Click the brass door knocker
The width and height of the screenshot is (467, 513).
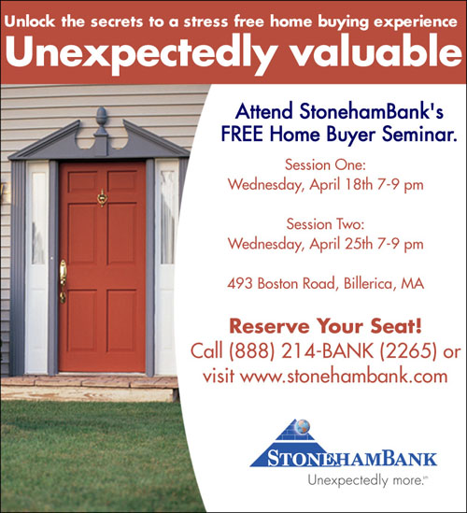(x=103, y=197)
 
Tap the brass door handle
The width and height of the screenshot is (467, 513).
(x=63, y=281)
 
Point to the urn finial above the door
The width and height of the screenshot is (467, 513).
(x=102, y=121)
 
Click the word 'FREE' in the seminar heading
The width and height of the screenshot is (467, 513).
(x=242, y=134)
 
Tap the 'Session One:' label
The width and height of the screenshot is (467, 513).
(x=325, y=164)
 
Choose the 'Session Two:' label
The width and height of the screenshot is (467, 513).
(x=325, y=224)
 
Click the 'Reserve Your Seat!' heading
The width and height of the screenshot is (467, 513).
(x=326, y=326)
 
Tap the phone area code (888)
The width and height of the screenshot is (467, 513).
(x=251, y=351)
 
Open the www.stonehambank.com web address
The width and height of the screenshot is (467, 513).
(x=344, y=377)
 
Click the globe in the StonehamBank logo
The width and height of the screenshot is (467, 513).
(x=302, y=427)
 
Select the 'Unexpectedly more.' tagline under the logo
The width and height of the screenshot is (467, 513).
(x=367, y=480)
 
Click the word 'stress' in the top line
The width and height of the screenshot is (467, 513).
(x=205, y=21)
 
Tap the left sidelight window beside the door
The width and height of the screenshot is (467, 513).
(x=38, y=219)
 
